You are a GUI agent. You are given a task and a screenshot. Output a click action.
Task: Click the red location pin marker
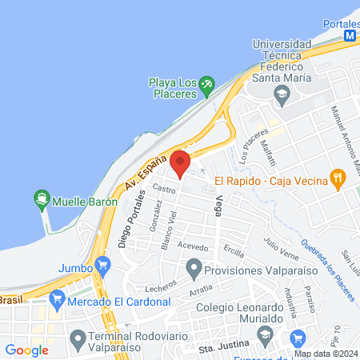180,163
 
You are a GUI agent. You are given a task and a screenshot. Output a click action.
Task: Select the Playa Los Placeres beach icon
206,83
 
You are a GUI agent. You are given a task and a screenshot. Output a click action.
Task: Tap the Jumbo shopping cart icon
102,262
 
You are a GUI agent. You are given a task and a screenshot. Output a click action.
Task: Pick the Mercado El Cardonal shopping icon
57,301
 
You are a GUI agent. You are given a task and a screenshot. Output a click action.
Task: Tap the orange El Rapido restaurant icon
338,178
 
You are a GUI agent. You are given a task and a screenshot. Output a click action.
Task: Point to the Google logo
26,350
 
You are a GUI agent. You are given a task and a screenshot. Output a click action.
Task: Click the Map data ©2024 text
325,354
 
